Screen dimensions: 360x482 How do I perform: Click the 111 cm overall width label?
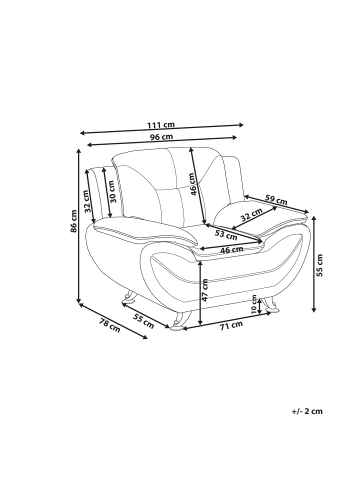[161, 125]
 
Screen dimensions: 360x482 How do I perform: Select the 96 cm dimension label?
[161, 137]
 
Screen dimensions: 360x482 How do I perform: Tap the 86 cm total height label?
[74, 221]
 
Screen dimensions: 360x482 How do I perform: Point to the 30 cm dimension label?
[112, 192]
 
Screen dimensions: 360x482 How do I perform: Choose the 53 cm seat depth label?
[226, 235]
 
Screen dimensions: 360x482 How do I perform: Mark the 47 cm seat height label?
[205, 290]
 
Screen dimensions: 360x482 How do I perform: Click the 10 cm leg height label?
[254, 304]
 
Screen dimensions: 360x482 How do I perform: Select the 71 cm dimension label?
[231, 325]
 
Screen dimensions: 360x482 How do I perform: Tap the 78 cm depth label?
[109, 325]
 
